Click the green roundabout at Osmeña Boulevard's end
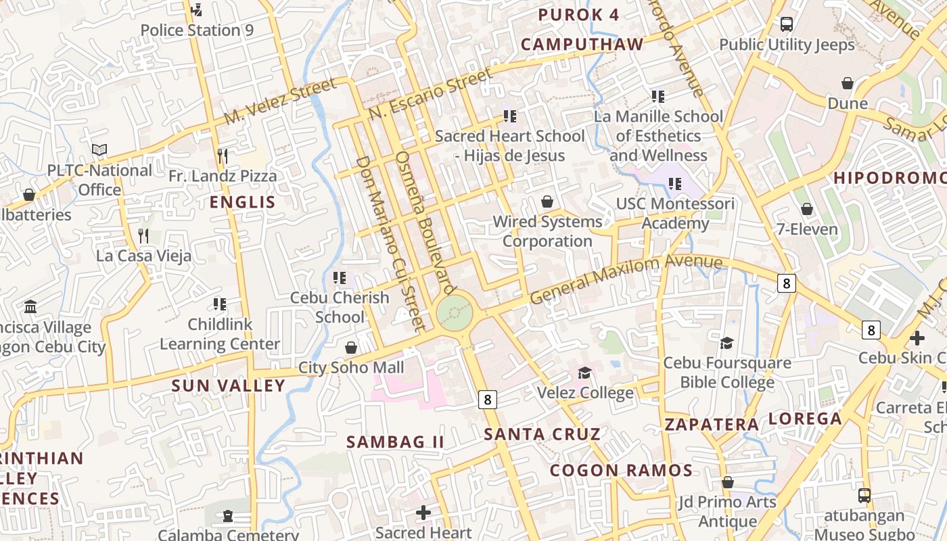tap(453, 313)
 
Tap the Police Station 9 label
tap(197, 30)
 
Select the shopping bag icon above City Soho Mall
tap(351, 348)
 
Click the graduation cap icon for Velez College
tap(584, 373)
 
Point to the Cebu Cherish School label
tap(340, 307)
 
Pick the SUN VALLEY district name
tap(228, 385)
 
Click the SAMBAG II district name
tap(395, 442)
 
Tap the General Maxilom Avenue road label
tap(626, 279)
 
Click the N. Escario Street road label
tap(430, 95)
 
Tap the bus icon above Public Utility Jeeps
tap(787, 24)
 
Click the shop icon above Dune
tap(847, 83)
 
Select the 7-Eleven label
tap(807, 229)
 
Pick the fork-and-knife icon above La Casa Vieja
tap(143, 235)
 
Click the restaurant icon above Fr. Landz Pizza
tap(223, 156)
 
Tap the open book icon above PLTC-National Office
tap(99, 149)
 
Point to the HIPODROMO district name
tap(889, 178)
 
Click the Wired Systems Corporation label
tap(547, 231)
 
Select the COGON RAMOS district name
tap(620, 470)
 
